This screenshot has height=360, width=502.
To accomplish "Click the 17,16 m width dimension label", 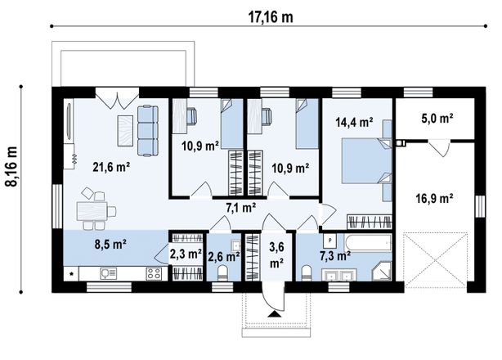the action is [271, 17].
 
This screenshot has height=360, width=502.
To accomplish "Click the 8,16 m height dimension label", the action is [11, 166].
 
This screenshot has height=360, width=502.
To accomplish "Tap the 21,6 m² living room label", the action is [111, 167].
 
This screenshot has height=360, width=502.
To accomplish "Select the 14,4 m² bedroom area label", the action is [354, 122].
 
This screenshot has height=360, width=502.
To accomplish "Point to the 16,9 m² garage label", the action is [434, 198].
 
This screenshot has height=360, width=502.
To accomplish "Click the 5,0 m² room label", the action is [437, 119].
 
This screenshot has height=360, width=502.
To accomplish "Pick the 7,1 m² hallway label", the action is [240, 208].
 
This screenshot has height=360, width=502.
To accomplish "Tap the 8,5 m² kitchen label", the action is [110, 245].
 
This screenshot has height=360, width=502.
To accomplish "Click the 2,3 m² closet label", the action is [186, 254].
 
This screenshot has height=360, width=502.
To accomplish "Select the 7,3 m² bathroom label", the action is [335, 255].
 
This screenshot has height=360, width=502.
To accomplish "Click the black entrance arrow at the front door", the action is [273, 313].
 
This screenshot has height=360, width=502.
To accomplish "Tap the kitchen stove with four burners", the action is [154, 273].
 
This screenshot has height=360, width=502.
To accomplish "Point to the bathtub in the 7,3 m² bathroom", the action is [368, 243].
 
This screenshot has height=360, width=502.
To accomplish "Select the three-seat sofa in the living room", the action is [148, 130].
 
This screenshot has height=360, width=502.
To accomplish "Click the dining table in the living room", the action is [92, 211].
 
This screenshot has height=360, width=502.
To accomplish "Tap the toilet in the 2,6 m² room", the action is [222, 273].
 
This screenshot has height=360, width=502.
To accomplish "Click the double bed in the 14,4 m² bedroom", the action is [367, 160].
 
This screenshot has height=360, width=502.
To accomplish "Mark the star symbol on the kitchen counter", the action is [71, 274].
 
